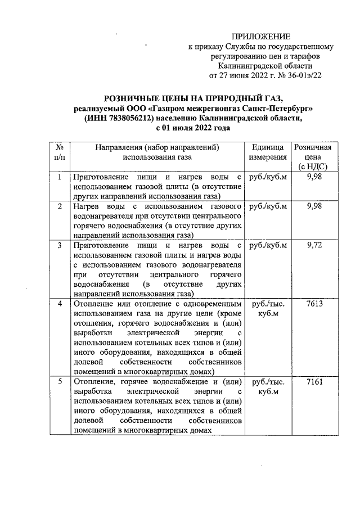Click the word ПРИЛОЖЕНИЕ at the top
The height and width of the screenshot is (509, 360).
pyautogui.click(x=262, y=37)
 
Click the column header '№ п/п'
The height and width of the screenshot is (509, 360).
pyautogui.click(x=59, y=152)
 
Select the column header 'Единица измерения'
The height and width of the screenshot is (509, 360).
pyautogui.click(x=268, y=152)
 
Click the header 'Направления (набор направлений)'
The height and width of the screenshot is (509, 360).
pyautogui.click(x=157, y=147)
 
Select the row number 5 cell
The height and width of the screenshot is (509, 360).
pyautogui.click(x=59, y=381)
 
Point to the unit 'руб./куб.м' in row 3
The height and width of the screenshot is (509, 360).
pyautogui.click(x=268, y=246)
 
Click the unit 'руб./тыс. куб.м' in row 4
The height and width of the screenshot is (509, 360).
pyautogui.click(x=268, y=309)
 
